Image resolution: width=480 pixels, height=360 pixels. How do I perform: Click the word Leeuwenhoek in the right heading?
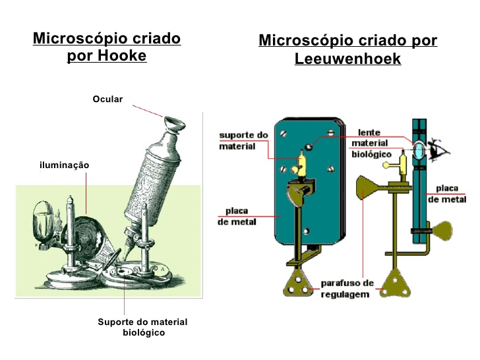[347, 59]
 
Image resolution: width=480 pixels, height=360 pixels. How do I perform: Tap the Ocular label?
[107, 99]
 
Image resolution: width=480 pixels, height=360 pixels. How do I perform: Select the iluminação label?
[64, 165]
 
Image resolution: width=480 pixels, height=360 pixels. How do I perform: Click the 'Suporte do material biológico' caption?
[142, 327]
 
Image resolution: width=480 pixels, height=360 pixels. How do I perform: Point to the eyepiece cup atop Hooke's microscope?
[173, 123]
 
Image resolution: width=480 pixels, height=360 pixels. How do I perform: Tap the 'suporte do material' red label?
[243, 140]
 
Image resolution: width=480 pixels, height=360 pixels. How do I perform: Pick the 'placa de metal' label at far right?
[451, 194]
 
